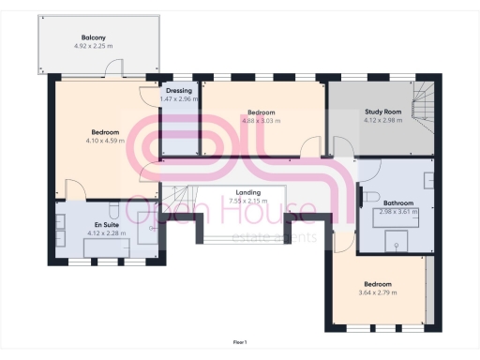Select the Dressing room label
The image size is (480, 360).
179,91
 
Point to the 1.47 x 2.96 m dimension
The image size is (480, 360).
179,98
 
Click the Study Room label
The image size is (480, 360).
382,112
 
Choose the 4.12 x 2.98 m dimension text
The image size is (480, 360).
382,120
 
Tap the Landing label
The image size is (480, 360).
248,192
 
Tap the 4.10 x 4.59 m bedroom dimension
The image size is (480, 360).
104,141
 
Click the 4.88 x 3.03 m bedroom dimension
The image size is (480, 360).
262,120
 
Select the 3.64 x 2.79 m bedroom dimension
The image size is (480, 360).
378,292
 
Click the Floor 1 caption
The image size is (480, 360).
240,344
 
